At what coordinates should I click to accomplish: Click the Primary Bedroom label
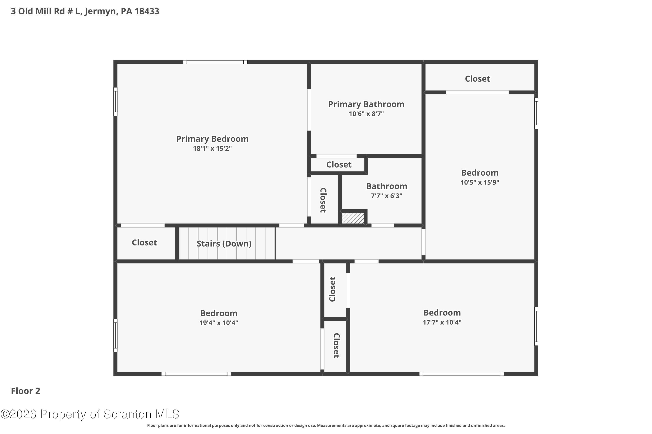click(x=212, y=139)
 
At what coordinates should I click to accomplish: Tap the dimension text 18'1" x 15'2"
click(x=212, y=148)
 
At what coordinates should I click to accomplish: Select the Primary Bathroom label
click(x=366, y=104)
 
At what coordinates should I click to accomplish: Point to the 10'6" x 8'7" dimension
click(x=366, y=114)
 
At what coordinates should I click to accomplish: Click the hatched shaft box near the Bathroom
click(x=352, y=218)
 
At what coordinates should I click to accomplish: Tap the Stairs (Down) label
click(x=224, y=243)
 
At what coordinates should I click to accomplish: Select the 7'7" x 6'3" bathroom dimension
click(x=386, y=196)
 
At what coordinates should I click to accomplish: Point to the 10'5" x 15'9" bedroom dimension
click(x=480, y=182)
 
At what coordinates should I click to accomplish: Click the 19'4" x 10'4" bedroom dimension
click(x=219, y=323)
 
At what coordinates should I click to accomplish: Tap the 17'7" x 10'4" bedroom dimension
click(x=442, y=322)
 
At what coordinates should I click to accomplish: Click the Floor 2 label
click(x=25, y=391)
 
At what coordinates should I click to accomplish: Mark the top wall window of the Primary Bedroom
click(x=215, y=62)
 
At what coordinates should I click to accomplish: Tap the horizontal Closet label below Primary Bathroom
click(x=339, y=165)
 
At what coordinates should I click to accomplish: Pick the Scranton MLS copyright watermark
click(x=90, y=414)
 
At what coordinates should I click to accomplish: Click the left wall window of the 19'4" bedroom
click(x=115, y=335)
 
